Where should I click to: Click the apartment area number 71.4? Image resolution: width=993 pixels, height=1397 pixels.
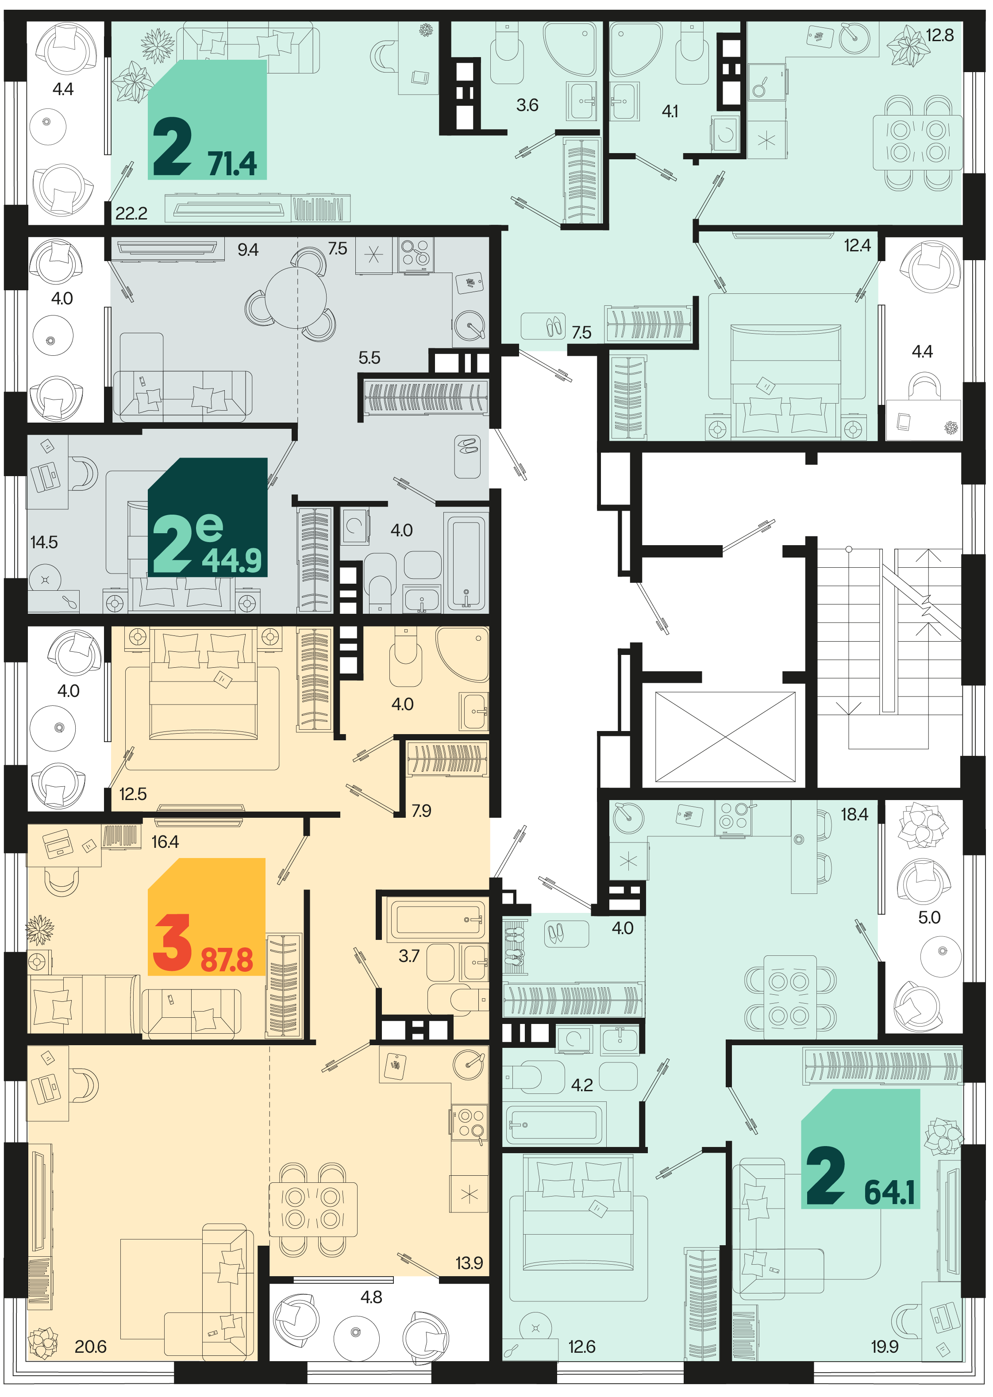click(232, 163)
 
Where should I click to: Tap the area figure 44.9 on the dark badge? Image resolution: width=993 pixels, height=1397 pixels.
click(232, 560)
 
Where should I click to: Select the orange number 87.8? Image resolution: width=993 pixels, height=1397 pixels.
click(227, 959)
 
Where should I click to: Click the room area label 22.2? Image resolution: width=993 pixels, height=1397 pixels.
click(131, 213)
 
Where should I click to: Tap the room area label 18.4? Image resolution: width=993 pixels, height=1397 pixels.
click(854, 814)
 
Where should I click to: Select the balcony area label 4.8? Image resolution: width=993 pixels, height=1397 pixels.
click(371, 1297)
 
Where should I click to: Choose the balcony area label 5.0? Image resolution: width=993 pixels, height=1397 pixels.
click(929, 917)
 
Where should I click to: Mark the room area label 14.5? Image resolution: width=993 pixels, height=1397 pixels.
click(44, 542)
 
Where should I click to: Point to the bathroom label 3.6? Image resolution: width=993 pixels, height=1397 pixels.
click(527, 105)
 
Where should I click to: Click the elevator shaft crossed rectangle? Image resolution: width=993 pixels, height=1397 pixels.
click(725, 737)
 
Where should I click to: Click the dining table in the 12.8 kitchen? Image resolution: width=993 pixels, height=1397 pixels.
click(918, 142)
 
